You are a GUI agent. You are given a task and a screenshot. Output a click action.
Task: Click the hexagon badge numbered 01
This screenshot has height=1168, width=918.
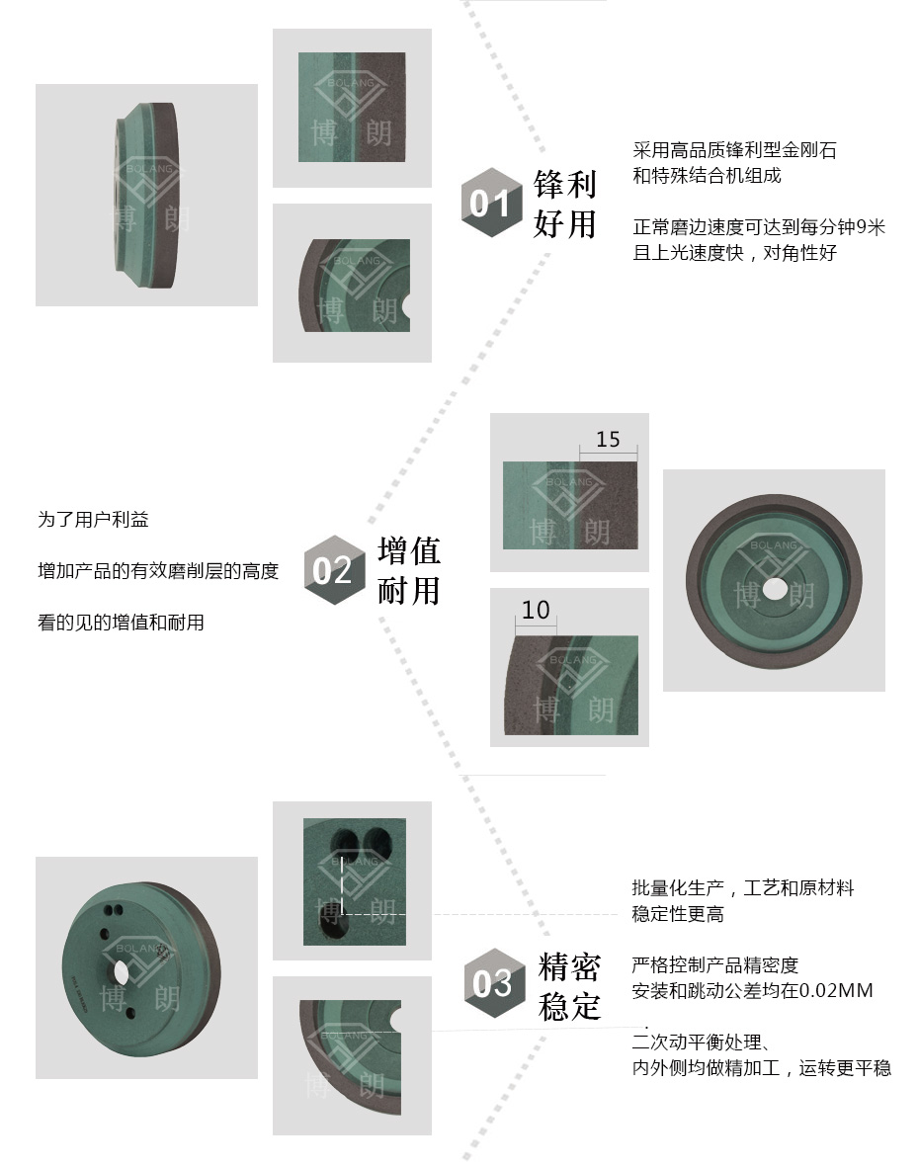[491, 203]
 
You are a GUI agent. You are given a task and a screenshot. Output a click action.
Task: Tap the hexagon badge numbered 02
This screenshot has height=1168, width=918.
[334, 570]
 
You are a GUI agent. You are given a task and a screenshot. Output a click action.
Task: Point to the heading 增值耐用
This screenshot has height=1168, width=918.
[409, 570]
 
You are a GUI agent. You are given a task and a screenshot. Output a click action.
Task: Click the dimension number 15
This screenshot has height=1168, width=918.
[608, 439]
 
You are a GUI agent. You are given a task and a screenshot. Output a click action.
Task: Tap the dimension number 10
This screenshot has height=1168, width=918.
[536, 610]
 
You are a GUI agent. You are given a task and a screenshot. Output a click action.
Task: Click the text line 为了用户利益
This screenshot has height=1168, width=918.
[93, 519]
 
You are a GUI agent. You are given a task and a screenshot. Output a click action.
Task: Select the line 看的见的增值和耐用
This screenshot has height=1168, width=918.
[121, 622]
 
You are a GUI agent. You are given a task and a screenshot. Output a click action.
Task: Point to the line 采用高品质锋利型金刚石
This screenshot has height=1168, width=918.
[735, 150]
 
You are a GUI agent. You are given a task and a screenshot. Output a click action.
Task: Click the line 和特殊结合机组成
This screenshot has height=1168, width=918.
[708, 176]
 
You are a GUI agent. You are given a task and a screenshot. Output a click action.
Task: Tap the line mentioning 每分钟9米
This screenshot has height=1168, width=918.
[759, 227]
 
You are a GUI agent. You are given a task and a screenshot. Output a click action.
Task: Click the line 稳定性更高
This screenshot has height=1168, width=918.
[678, 914]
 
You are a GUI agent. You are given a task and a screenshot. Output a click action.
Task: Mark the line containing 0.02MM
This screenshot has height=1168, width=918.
[753, 991]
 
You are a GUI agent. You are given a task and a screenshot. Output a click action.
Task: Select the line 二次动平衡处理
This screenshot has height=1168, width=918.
[702, 1043]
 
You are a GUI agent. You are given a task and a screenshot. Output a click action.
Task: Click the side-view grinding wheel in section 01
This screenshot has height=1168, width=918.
[146, 196]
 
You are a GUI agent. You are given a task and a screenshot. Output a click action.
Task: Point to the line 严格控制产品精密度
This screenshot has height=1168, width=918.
[715, 965]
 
